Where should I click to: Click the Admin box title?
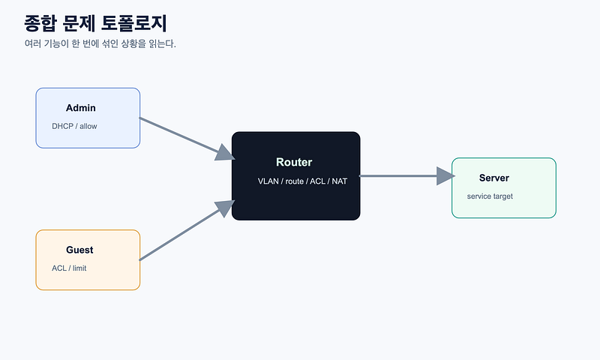tap(81, 108)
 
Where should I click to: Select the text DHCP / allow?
tap(74, 126)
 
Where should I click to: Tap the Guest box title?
tap(79, 250)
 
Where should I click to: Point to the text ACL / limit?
tap(69, 268)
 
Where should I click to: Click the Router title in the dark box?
tap(294, 162)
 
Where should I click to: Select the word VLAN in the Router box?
tap(268, 181)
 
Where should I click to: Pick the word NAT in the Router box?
tap(340, 181)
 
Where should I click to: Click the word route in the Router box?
tap(294, 181)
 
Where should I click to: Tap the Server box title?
tap(494, 178)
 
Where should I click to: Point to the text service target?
tap(490, 196)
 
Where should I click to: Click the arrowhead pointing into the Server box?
tap(445, 176)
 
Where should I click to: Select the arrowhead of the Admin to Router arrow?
tap(226, 153)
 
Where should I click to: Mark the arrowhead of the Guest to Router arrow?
tap(225, 208)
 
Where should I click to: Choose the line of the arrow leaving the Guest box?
tap(179, 235)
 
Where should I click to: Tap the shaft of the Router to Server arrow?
tap(398, 176)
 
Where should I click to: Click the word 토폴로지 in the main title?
tap(134, 23)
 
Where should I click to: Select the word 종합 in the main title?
tap(40, 23)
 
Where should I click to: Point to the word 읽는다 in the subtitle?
tap(162, 43)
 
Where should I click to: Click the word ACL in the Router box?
tap(317, 181)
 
